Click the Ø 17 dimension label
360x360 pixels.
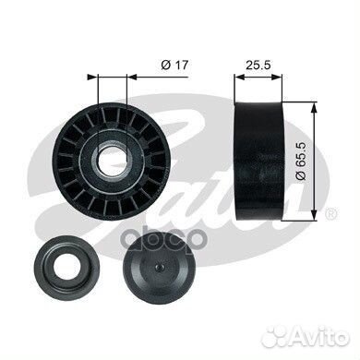point(174,65)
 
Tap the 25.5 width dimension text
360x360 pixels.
point(258,65)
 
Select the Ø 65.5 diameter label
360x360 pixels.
point(300,162)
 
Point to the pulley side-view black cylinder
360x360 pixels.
point(258,161)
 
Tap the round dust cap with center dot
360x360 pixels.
point(159,267)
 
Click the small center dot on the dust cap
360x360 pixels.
point(159,267)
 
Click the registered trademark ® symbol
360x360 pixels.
point(330,214)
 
